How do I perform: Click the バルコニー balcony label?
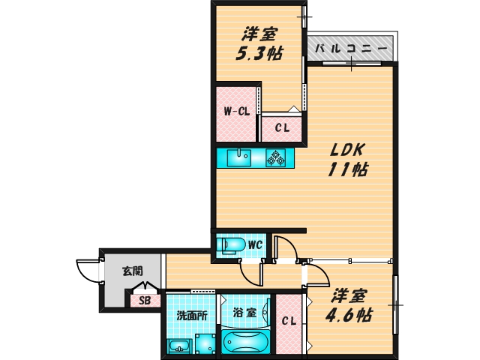pos(351,48)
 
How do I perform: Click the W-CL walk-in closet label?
pos(236,112)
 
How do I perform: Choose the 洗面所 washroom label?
pos(192,316)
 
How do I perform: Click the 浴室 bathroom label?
pos(245,312)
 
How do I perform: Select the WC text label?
pos(255,244)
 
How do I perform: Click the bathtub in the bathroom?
pos(245,343)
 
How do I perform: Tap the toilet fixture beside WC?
pos(230,244)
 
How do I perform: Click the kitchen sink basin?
pos(241,157)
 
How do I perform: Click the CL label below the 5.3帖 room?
pos(281,127)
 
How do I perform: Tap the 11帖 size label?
pos(346,169)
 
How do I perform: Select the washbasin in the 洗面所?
pos(178,346)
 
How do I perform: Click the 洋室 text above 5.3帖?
pos(260,34)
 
